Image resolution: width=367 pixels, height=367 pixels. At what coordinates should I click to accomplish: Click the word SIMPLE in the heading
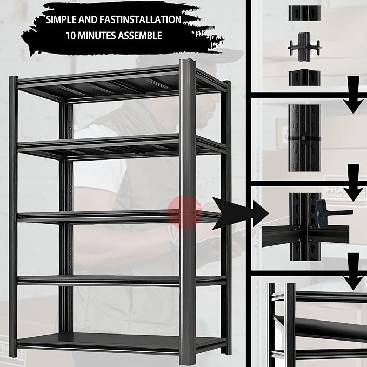[63, 20]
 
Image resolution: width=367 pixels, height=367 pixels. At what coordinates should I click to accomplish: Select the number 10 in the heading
[71, 37]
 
